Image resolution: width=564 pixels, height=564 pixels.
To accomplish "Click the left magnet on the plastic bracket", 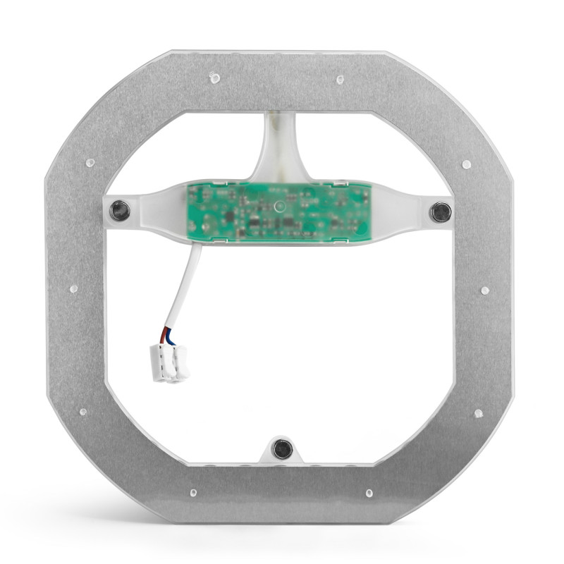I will click(x=121, y=209).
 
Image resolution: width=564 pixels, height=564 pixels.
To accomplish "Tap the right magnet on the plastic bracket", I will click(x=441, y=211).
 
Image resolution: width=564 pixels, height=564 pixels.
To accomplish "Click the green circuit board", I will click(x=278, y=209).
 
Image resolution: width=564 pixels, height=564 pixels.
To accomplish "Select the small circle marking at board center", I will click(x=279, y=207).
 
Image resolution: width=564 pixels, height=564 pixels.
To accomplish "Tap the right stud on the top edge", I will click(x=340, y=79).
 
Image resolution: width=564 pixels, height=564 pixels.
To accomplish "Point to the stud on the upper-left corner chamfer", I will click(x=90, y=163).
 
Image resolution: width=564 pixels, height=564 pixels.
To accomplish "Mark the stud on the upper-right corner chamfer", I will click(x=466, y=164).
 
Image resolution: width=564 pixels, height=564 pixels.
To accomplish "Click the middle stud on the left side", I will click(x=73, y=289).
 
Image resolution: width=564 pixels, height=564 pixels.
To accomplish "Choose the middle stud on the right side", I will click(x=484, y=290).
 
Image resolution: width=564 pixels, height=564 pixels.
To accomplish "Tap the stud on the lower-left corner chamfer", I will click(x=82, y=410).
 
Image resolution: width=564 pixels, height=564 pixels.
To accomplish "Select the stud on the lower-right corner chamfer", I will click(x=478, y=413).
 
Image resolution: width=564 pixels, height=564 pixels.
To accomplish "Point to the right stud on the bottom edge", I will click(x=368, y=493).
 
